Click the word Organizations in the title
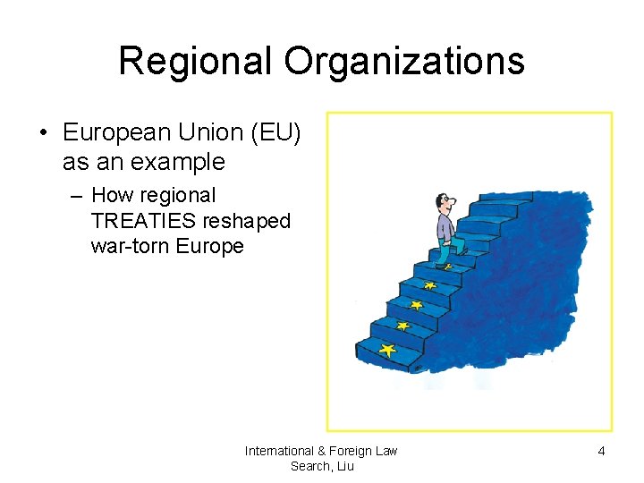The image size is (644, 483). coord(404,61)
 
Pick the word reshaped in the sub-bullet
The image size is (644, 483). coord(247,221)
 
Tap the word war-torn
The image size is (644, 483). coord(131,246)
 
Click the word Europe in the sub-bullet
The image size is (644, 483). coord(209,246)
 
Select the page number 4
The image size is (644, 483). coord(601,452)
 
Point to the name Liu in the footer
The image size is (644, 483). coord(345,466)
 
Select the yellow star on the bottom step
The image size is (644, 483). coord(386,350)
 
